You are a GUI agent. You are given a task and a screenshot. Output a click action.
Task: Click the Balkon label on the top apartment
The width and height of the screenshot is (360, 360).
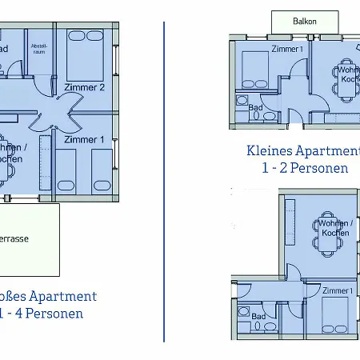pyautogui.click(x=304, y=22)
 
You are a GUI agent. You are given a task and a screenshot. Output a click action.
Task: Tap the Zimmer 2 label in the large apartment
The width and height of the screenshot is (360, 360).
pyautogui.click(x=86, y=88)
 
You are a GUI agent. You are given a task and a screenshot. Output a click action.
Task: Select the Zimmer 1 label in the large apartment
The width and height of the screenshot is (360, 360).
pyautogui.click(x=83, y=139)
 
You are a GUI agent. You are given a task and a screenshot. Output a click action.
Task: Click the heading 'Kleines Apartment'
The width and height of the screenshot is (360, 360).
pyautogui.click(x=304, y=150)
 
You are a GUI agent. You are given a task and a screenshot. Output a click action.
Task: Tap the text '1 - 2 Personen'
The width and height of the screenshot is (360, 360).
pyautogui.click(x=304, y=168)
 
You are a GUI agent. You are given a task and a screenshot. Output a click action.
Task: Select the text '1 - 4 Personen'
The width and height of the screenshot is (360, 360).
pyautogui.click(x=44, y=314)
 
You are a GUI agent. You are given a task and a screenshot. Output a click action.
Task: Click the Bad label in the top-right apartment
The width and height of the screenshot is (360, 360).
pyautogui.click(x=256, y=106)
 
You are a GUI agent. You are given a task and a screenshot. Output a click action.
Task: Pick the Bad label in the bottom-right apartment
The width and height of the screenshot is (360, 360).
pyautogui.click(x=258, y=317)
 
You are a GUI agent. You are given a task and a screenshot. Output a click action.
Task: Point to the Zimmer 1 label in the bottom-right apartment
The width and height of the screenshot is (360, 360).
pyautogui.click(x=338, y=291)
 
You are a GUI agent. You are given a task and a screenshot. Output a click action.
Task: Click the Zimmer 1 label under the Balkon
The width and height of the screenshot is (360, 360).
pyautogui.click(x=287, y=50)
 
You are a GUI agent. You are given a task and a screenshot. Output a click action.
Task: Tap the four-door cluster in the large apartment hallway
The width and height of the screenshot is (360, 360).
pyautogui.click(x=61, y=114)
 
